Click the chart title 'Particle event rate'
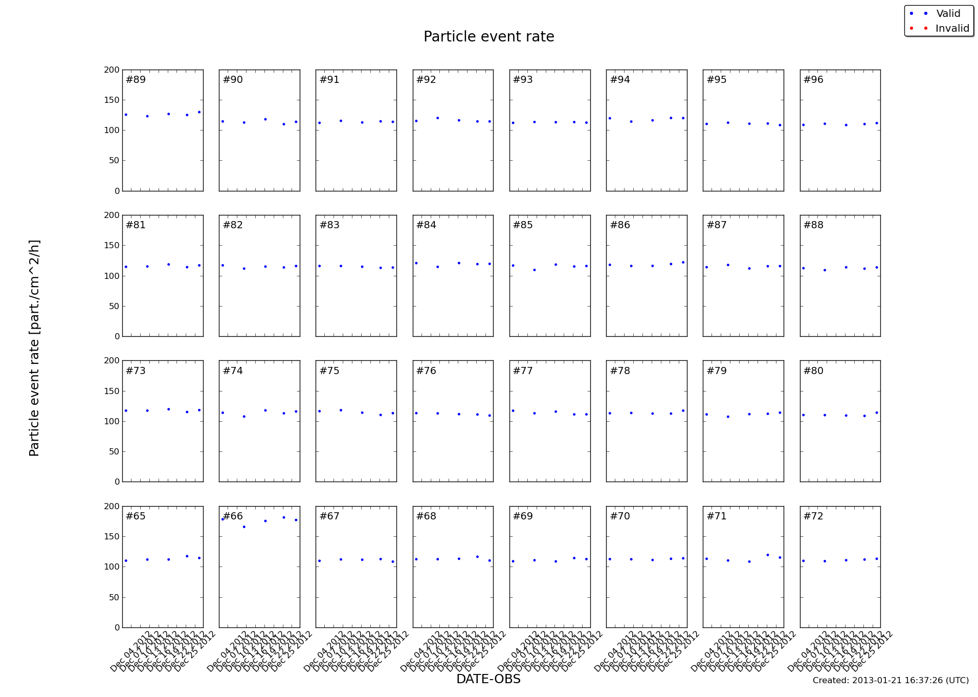488,37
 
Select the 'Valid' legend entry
948,14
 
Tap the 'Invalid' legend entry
952,29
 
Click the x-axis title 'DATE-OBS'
488,679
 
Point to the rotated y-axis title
34,348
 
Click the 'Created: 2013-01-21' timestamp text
891,681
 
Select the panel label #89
136,80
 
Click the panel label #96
813,80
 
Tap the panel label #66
233,516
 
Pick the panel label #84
426,225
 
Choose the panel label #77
523,371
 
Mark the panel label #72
813,516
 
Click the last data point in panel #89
199,112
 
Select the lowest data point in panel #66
244,527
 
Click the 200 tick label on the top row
112,70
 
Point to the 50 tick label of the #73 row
114,452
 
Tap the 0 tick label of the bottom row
117,628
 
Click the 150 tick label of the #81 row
112,246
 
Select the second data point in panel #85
535,270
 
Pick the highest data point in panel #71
767,555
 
